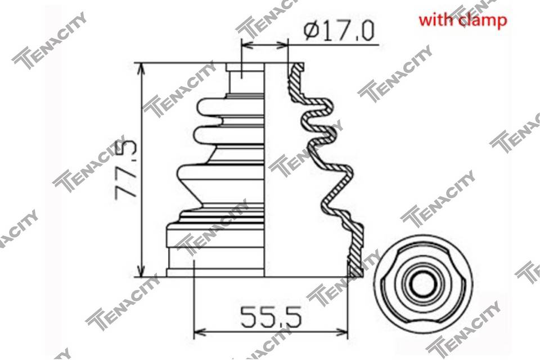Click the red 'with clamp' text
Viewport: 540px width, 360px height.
pos(463,20)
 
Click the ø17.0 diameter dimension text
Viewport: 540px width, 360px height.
pos(339,30)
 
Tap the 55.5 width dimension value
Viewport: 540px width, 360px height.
pos(271,317)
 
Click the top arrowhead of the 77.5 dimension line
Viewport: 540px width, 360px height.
pos(141,69)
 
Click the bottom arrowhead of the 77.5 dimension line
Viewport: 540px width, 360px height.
pos(141,271)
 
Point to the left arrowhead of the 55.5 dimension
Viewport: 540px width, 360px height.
pos(200,332)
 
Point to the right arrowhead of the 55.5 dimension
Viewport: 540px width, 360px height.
pos(341,332)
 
